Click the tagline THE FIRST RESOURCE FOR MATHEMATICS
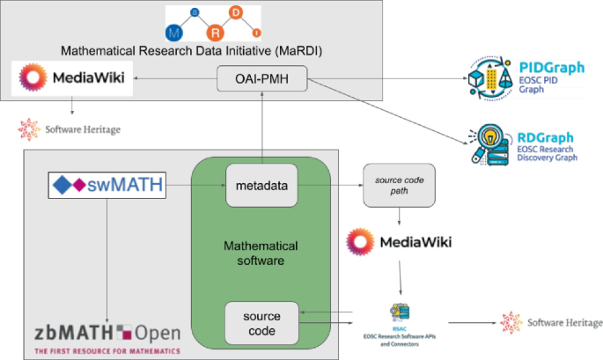point(107,350)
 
